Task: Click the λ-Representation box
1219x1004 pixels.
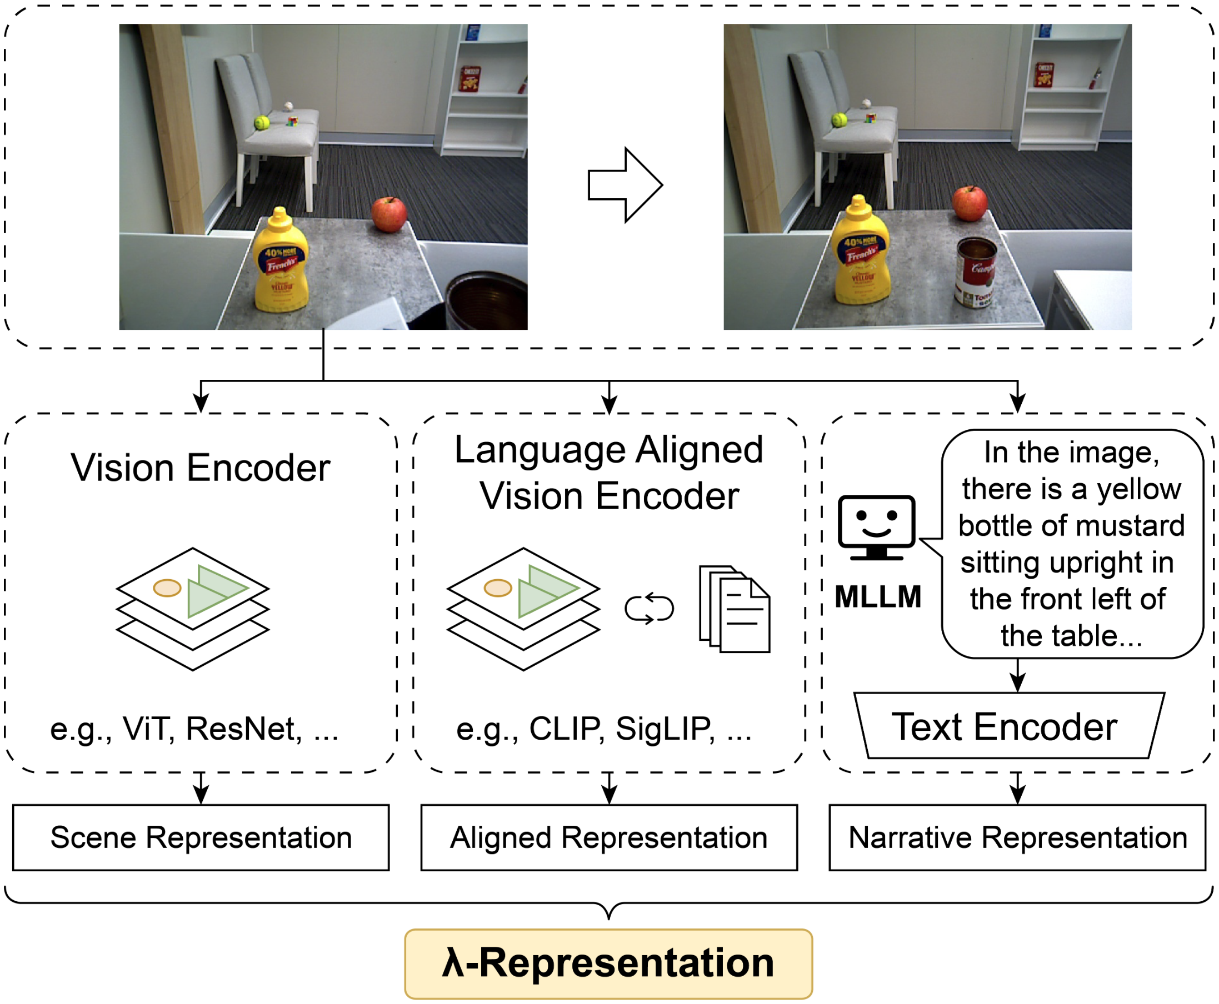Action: point(608,963)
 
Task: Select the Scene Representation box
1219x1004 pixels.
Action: point(201,837)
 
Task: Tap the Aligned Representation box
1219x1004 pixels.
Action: point(608,837)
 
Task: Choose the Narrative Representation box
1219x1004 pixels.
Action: point(1017,837)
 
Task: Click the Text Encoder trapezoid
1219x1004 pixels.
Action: point(1009,726)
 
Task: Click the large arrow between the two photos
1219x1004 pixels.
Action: point(625,184)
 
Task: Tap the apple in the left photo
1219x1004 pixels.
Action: point(389,214)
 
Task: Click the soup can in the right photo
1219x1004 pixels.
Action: point(977,272)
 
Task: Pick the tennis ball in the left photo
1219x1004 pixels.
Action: point(262,123)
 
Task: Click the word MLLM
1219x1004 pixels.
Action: point(878,597)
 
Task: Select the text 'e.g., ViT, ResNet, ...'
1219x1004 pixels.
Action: point(194,729)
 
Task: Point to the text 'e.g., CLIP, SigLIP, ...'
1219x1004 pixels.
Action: point(603,729)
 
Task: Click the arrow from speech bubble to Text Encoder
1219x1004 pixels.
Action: point(1018,675)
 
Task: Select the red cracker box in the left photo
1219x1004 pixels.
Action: point(470,79)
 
